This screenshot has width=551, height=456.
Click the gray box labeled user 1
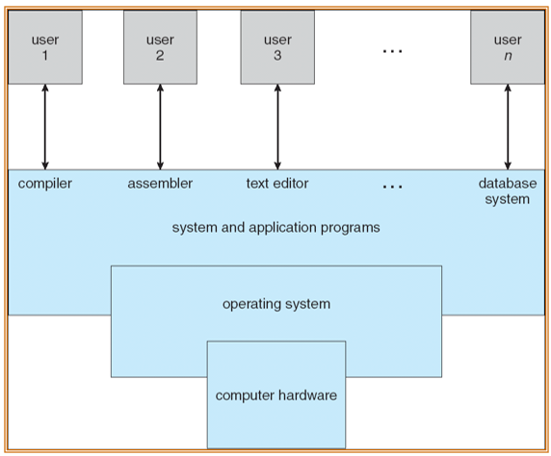[45, 47]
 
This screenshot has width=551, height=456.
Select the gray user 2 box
[160, 47]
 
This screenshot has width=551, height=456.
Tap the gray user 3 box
[277, 47]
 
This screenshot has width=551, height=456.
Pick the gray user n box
[508, 47]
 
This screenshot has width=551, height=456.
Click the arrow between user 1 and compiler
[45, 127]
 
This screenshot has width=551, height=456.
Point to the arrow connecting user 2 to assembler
[160, 127]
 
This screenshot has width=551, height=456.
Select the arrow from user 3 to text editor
[277, 127]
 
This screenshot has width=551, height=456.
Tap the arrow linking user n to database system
[508, 127]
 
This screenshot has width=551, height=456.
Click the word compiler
[45, 184]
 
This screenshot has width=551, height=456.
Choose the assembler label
[160, 183]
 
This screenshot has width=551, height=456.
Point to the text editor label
[277, 183]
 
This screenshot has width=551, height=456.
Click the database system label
[508, 191]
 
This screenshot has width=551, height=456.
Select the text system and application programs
[275, 228]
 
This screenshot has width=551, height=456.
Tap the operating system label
[276, 304]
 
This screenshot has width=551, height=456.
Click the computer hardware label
[276, 395]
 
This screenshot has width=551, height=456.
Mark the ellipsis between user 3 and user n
[392, 52]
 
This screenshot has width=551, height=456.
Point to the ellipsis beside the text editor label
[392, 187]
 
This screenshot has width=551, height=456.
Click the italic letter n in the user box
[508, 56]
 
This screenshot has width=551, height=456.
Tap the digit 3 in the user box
[277, 56]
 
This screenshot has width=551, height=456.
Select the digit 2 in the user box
[160, 56]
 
